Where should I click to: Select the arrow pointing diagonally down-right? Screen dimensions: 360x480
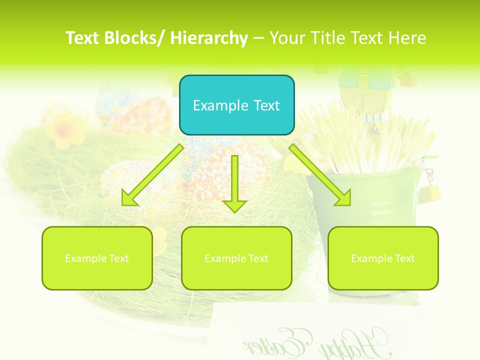pyautogui.click(x=320, y=175)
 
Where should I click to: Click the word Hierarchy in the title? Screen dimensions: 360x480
pyautogui.click(x=209, y=38)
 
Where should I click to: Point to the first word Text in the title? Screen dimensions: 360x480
pyautogui.click(x=83, y=38)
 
